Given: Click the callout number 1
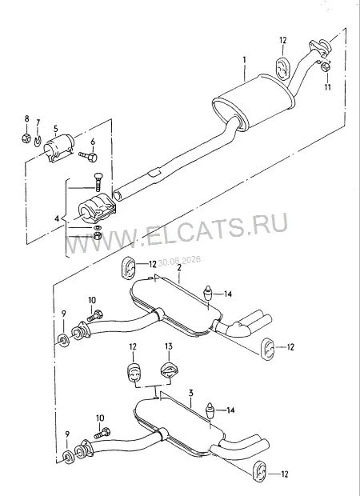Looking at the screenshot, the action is (x=245, y=60).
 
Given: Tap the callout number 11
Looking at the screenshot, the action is (x=328, y=86).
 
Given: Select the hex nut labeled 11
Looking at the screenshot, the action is (x=326, y=67).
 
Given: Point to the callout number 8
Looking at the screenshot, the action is (x=26, y=119).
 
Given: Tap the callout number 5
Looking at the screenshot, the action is (x=56, y=129).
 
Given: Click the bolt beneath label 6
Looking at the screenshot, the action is (x=88, y=156).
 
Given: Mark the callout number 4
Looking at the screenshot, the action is (x=57, y=218).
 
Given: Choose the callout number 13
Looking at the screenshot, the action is (x=169, y=346).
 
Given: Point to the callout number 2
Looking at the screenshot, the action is (x=179, y=268).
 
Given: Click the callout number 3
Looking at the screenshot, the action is (x=190, y=394).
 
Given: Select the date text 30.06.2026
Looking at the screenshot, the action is (x=179, y=261).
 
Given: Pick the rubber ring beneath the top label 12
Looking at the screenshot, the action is (x=282, y=67).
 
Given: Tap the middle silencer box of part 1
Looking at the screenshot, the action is (x=254, y=102).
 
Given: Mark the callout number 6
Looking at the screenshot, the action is (x=93, y=142).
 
